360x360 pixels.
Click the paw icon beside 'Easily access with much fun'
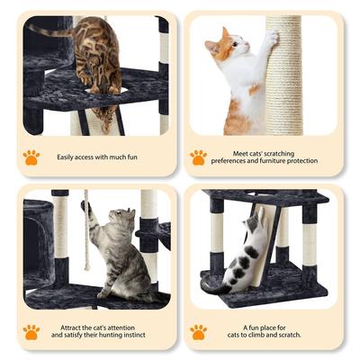coord(31,157)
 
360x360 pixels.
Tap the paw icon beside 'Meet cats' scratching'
coord(198,157)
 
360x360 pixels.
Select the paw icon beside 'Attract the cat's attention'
coord(31,331)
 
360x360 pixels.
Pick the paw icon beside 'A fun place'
coord(198,331)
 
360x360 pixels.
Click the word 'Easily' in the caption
coord(67,157)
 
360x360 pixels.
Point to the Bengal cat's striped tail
coord(50,31)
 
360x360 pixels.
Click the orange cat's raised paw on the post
coord(270,38)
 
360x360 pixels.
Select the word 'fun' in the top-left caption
coord(125,157)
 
